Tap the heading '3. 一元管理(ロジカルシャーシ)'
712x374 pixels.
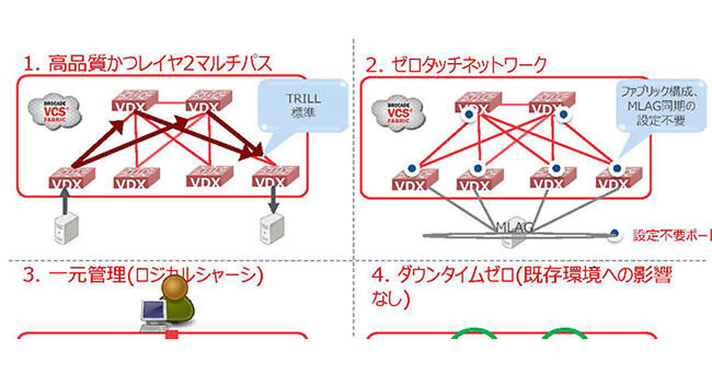pyautogui.click(x=142, y=276)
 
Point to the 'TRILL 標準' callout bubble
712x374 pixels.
pyautogui.click(x=303, y=106)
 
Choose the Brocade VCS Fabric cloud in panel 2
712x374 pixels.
pyautogui.click(x=398, y=110)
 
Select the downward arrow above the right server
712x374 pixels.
pyautogui.click(x=273, y=199)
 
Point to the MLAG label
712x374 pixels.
pyautogui.click(x=515, y=227)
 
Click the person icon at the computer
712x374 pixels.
pyautogui.click(x=177, y=303)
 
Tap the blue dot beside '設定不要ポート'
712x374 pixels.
pyautogui.click(x=615, y=235)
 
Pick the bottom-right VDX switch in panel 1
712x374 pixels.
pyautogui.click(x=274, y=177)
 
